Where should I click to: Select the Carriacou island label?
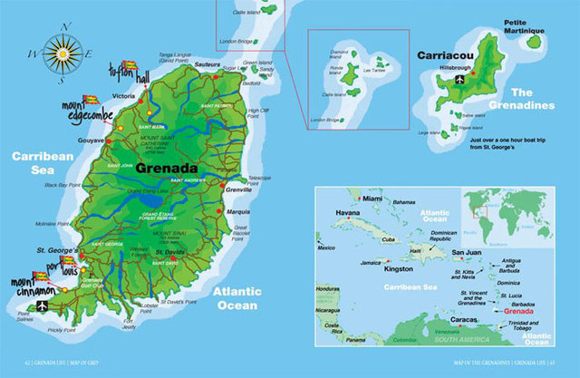444,55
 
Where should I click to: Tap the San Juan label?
468,251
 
